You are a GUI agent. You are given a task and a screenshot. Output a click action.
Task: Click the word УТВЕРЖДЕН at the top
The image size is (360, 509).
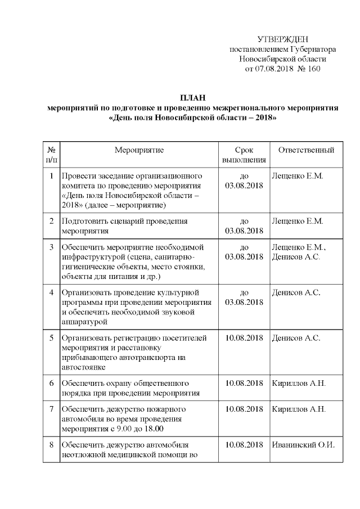coord(282,39)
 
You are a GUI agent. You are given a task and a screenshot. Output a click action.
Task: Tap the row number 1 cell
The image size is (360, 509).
coord(51,176)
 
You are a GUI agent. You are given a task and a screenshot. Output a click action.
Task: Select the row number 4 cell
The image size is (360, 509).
coord(51,292)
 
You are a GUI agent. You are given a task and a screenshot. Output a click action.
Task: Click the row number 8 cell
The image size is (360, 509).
coord(51,444)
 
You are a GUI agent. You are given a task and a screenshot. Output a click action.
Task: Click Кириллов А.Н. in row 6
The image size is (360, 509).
coord(298,383)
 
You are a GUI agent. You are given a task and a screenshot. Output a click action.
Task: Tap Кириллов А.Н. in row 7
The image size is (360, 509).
coord(298,409)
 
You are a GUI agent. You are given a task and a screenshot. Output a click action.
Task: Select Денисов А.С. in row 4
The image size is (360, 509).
coord(296,292)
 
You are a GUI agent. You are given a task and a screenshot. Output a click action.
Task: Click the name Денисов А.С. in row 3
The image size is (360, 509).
coord(296,257)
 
